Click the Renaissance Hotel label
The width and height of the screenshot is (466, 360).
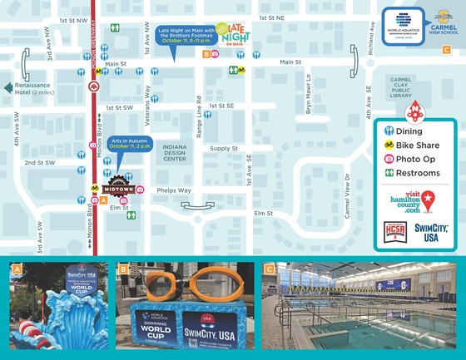click(x=32, y=88)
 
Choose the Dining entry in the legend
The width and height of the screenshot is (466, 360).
click(x=408, y=131)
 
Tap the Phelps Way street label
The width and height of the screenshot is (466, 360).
click(x=173, y=190)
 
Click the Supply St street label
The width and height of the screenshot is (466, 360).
click(x=224, y=148)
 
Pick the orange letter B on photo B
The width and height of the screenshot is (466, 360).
click(x=123, y=269)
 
